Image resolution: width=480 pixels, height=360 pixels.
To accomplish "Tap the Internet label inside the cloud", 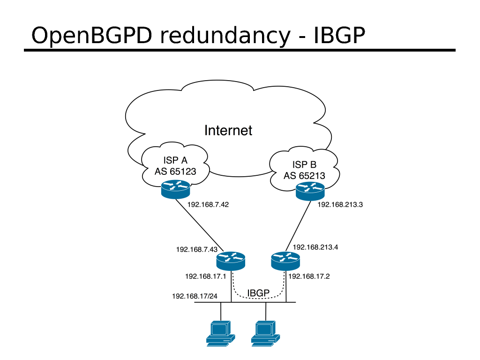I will [228, 130].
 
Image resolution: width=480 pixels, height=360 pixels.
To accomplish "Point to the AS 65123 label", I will [175, 172].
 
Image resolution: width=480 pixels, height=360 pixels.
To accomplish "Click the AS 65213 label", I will [304, 176].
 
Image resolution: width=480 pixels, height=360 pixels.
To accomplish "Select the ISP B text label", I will [304, 165].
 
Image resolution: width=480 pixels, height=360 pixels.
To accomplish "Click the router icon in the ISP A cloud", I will [175, 190].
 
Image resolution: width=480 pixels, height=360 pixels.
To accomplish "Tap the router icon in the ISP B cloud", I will [310, 191].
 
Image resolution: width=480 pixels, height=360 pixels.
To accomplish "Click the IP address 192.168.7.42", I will [208, 204].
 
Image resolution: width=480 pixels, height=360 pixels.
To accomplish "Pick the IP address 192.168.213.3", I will [340, 204].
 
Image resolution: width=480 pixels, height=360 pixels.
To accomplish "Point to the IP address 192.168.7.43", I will [197, 249].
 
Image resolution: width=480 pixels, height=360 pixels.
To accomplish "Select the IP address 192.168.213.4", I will [315, 247].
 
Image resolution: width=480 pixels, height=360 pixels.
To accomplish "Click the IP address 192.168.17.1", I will [206, 277].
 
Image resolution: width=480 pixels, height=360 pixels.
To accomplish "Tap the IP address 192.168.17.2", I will [309, 277].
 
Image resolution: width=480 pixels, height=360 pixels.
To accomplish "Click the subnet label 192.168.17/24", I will [195, 296].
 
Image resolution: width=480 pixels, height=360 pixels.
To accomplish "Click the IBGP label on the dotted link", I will [258, 293].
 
